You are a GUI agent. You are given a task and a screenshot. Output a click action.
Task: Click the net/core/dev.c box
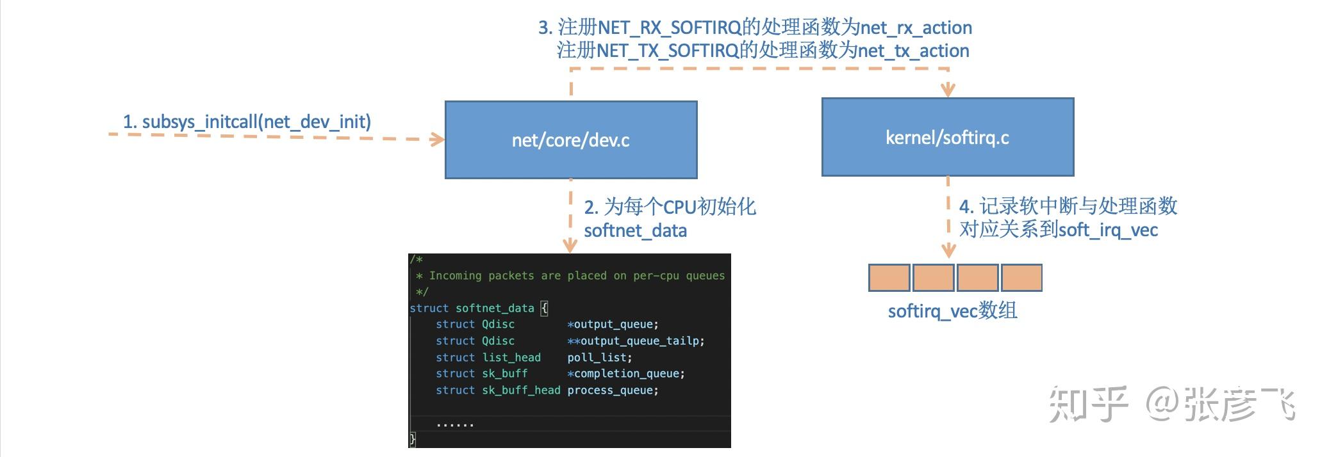(570, 140)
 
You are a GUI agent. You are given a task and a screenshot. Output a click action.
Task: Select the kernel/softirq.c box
(947, 137)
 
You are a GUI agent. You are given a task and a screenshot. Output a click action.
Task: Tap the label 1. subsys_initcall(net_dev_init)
(247, 122)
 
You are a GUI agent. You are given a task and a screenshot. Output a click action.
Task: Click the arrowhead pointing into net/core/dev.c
(438, 139)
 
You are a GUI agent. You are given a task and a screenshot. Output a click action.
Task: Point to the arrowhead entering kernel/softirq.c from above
(948, 90)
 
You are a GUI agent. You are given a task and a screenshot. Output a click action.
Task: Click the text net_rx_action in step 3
(916, 28)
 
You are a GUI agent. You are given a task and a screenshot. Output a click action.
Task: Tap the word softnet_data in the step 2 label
(635, 230)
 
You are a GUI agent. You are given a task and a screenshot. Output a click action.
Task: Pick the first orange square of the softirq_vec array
(889, 278)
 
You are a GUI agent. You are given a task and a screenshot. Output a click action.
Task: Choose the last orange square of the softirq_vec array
(1021, 278)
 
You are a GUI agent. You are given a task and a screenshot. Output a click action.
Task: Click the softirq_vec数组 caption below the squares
(952, 311)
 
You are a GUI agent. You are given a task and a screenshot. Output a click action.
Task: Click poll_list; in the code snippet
(599, 357)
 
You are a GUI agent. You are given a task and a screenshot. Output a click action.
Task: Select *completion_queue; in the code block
(625, 373)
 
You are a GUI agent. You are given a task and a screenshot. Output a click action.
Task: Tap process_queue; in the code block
(613, 390)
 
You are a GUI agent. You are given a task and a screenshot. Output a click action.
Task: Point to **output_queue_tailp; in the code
(635, 341)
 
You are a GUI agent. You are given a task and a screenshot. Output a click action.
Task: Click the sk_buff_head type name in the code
(521, 390)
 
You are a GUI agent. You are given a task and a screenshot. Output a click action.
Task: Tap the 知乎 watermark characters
(1087, 405)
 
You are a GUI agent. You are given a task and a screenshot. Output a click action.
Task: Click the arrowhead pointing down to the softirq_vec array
(948, 250)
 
